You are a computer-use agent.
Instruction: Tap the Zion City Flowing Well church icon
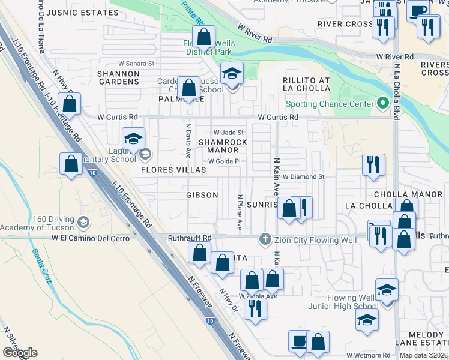(264, 239)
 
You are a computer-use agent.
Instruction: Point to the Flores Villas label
(173, 170)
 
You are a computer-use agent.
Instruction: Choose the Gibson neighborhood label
(202, 195)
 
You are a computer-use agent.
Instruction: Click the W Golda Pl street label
(224, 161)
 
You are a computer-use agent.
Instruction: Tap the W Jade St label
(228, 133)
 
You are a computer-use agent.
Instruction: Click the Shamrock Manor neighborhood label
(223, 146)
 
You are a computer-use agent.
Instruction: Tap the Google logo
(20, 353)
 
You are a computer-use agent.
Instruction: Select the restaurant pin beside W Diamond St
(373, 164)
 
